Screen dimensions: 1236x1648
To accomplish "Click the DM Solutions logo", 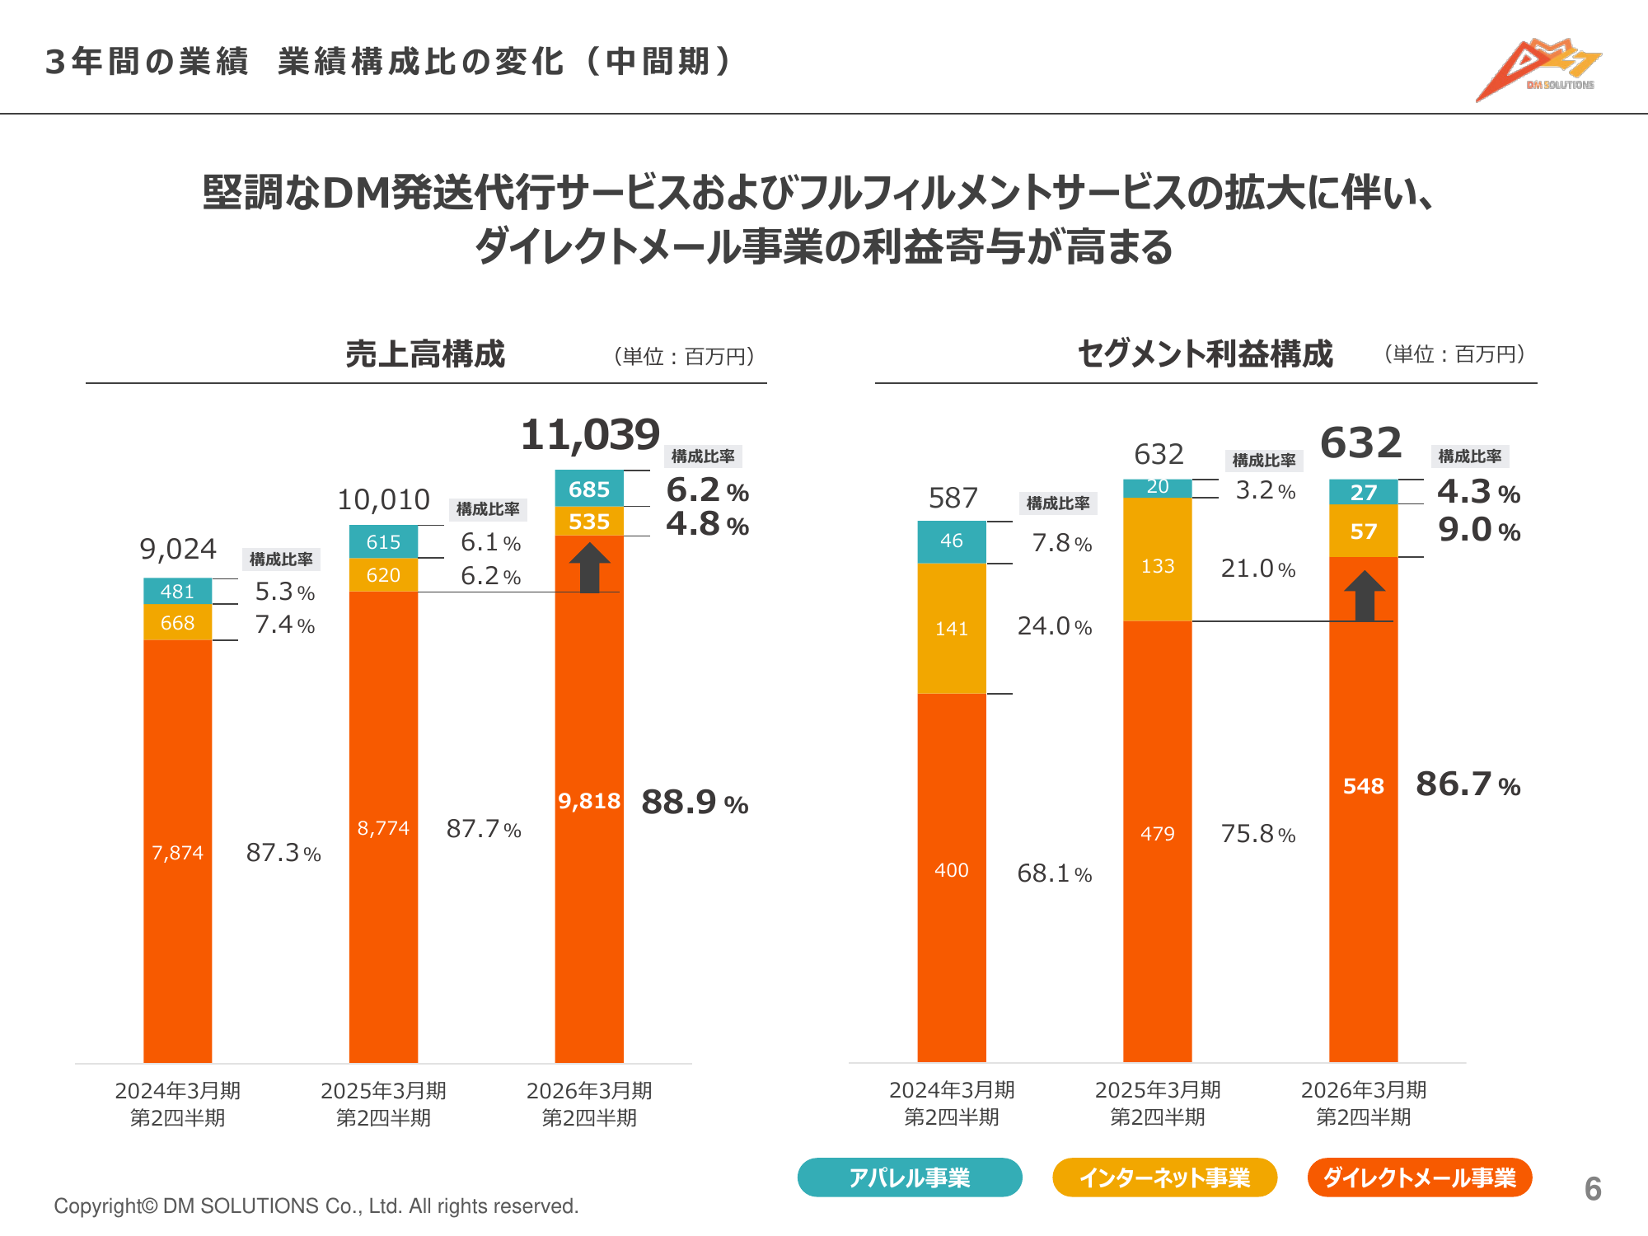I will pyautogui.click(x=1538, y=70).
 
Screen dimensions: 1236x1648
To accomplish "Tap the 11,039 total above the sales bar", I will pyautogui.click(x=590, y=434).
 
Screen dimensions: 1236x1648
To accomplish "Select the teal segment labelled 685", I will pyautogui.click(x=589, y=489).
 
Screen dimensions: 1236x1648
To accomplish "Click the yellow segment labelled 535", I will pyautogui.click(x=589, y=522).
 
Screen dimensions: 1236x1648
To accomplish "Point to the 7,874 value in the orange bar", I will pyautogui.click(x=177, y=853).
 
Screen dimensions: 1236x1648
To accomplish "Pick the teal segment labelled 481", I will pyautogui.click(x=177, y=592).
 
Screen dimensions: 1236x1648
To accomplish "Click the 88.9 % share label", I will pyautogui.click(x=695, y=803).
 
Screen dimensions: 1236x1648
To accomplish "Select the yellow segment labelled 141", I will pyautogui.click(x=951, y=629).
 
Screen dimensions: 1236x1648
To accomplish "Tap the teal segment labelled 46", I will pyautogui.click(x=951, y=541).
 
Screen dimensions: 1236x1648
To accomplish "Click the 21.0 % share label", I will pyautogui.click(x=1257, y=569).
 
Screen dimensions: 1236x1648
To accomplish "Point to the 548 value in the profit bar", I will pyautogui.click(x=1363, y=786).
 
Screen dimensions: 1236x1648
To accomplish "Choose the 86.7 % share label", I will pyautogui.click(x=1468, y=784).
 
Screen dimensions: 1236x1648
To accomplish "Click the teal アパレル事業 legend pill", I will pyautogui.click(x=910, y=1177).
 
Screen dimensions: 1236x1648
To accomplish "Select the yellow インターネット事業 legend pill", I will pyautogui.click(x=1164, y=1177).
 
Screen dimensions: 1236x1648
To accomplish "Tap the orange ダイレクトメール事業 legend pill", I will pyautogui.click(x=1419, y=1177).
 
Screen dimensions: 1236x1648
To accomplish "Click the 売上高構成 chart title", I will pyautogui.click(x=425, y=354).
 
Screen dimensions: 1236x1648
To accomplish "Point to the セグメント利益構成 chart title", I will pyautogui.click(x=1205, y=354).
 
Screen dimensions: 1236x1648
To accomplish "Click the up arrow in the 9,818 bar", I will pyautogui.click(x=589, y=568).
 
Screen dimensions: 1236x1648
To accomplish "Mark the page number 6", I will pyautogui.click(x=1593, y=1189).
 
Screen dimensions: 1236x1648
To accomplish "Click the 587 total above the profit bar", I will pyautogui.click(x=953, y=498).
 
